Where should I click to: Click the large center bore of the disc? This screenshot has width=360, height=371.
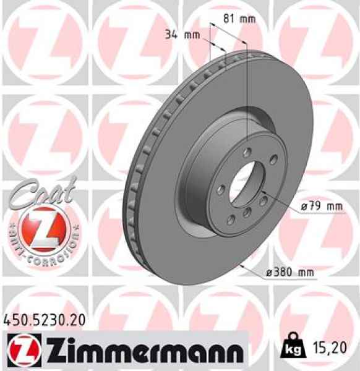(x=246, y=184)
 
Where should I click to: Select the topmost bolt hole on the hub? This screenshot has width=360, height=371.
(x=247, y=152)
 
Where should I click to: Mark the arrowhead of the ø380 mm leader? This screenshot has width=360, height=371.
(x=242, y=265)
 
